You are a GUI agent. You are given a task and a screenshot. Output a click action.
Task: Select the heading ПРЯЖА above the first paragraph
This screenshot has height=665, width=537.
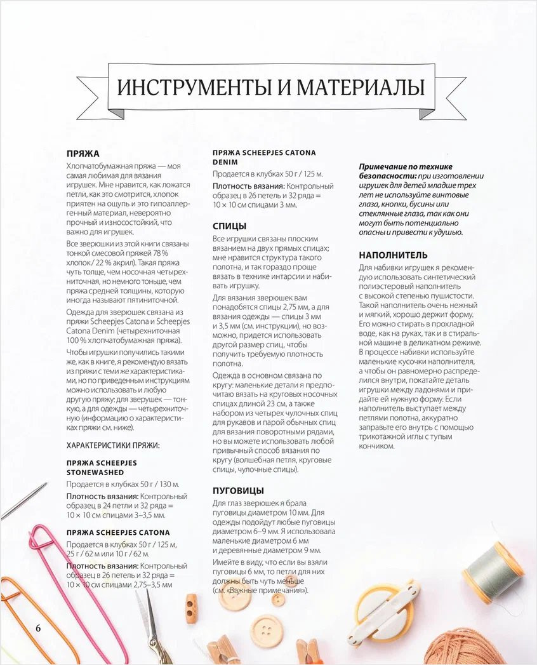(x=83, y=154)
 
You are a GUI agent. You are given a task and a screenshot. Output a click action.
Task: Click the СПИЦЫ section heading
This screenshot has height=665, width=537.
(x=229, y=226)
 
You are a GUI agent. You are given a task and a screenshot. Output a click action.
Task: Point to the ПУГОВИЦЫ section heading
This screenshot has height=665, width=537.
(x=238, y=490)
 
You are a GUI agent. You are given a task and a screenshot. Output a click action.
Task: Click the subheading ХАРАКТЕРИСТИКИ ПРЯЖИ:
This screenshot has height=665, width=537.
(x=113, y=445)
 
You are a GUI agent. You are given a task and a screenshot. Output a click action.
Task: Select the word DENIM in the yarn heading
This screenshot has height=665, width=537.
(x=225, y=162)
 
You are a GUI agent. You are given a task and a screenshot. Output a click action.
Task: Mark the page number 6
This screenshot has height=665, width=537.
(x=38, y=628)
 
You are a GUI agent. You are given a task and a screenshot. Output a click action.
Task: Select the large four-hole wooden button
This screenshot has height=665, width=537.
(x=267, y=630)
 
